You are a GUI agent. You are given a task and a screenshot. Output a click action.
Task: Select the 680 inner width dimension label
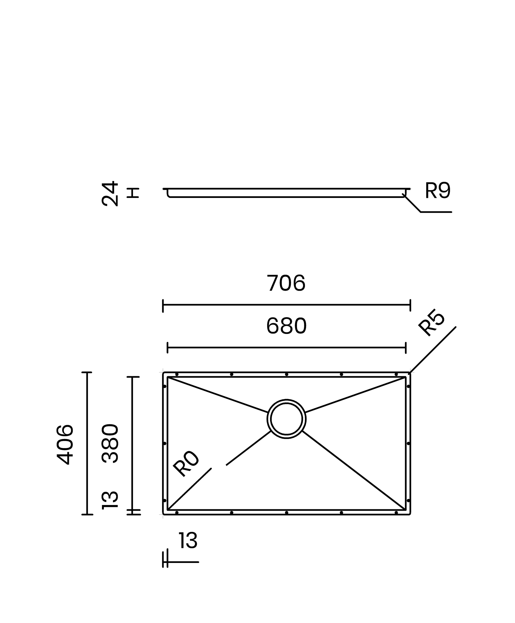point(286,326)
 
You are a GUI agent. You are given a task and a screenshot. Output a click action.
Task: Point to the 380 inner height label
point(110,444)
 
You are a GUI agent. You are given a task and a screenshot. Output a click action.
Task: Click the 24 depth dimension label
point(110,194)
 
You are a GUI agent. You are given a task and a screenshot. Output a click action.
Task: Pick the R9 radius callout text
point(437,190)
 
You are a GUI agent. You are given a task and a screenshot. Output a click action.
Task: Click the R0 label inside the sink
point(186,463)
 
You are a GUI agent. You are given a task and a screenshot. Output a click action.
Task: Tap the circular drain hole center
point(286,419)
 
